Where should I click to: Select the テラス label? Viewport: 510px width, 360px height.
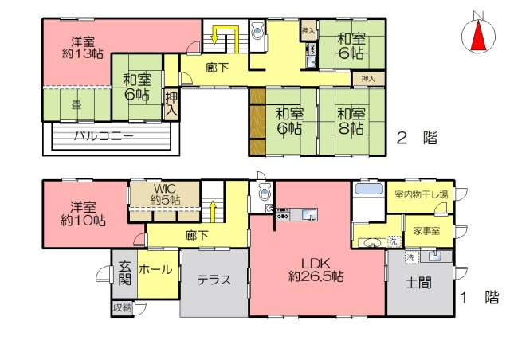pyautogui.click(x=214, y=280)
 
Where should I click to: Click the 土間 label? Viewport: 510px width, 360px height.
pyautogui.click(x=419, y=283)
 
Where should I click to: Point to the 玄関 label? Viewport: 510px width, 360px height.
pyautogui.click(x=125, y=272)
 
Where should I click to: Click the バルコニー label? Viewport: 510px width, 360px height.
pyautogui.click(x=104, y=136)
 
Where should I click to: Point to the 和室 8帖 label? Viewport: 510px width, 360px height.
pyautogui.click(x=351, y=120)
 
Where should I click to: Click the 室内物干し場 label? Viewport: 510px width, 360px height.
pyautogui.click(x=421, y=194)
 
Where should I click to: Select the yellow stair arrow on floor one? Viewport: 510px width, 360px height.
pyautogui.click(x=213, y=212)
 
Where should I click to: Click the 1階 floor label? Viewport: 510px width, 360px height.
pyautogui.click(x=481, y=298)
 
